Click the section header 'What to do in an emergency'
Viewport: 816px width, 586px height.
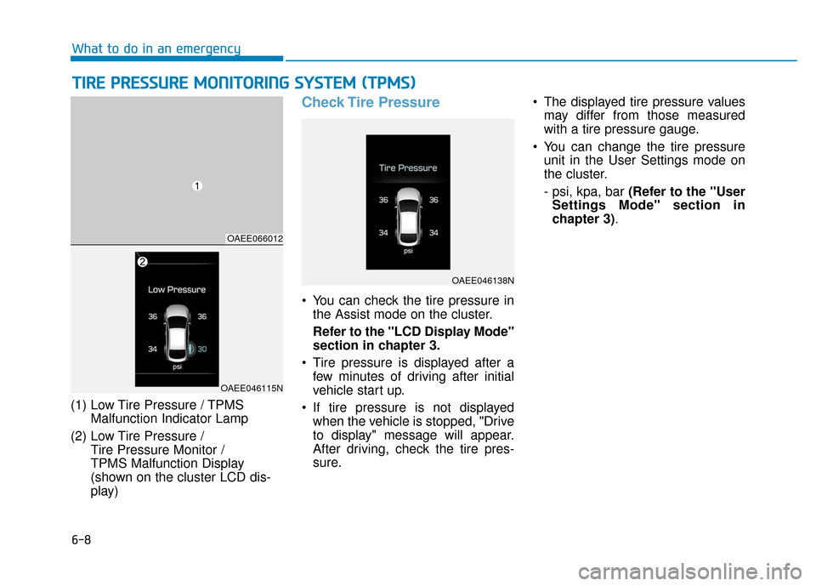(156, 48)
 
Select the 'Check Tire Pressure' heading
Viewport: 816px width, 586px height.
(371, 102)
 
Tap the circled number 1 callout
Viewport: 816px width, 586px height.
(195, 186)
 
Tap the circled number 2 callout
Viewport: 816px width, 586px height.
(143, 264)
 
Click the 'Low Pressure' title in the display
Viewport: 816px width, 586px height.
(177, 289)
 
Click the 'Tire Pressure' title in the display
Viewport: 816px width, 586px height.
(408, 168)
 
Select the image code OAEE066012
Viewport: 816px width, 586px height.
(254, 238)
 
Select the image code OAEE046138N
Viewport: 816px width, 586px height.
(482, 279)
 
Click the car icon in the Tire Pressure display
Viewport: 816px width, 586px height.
(408, 216)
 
